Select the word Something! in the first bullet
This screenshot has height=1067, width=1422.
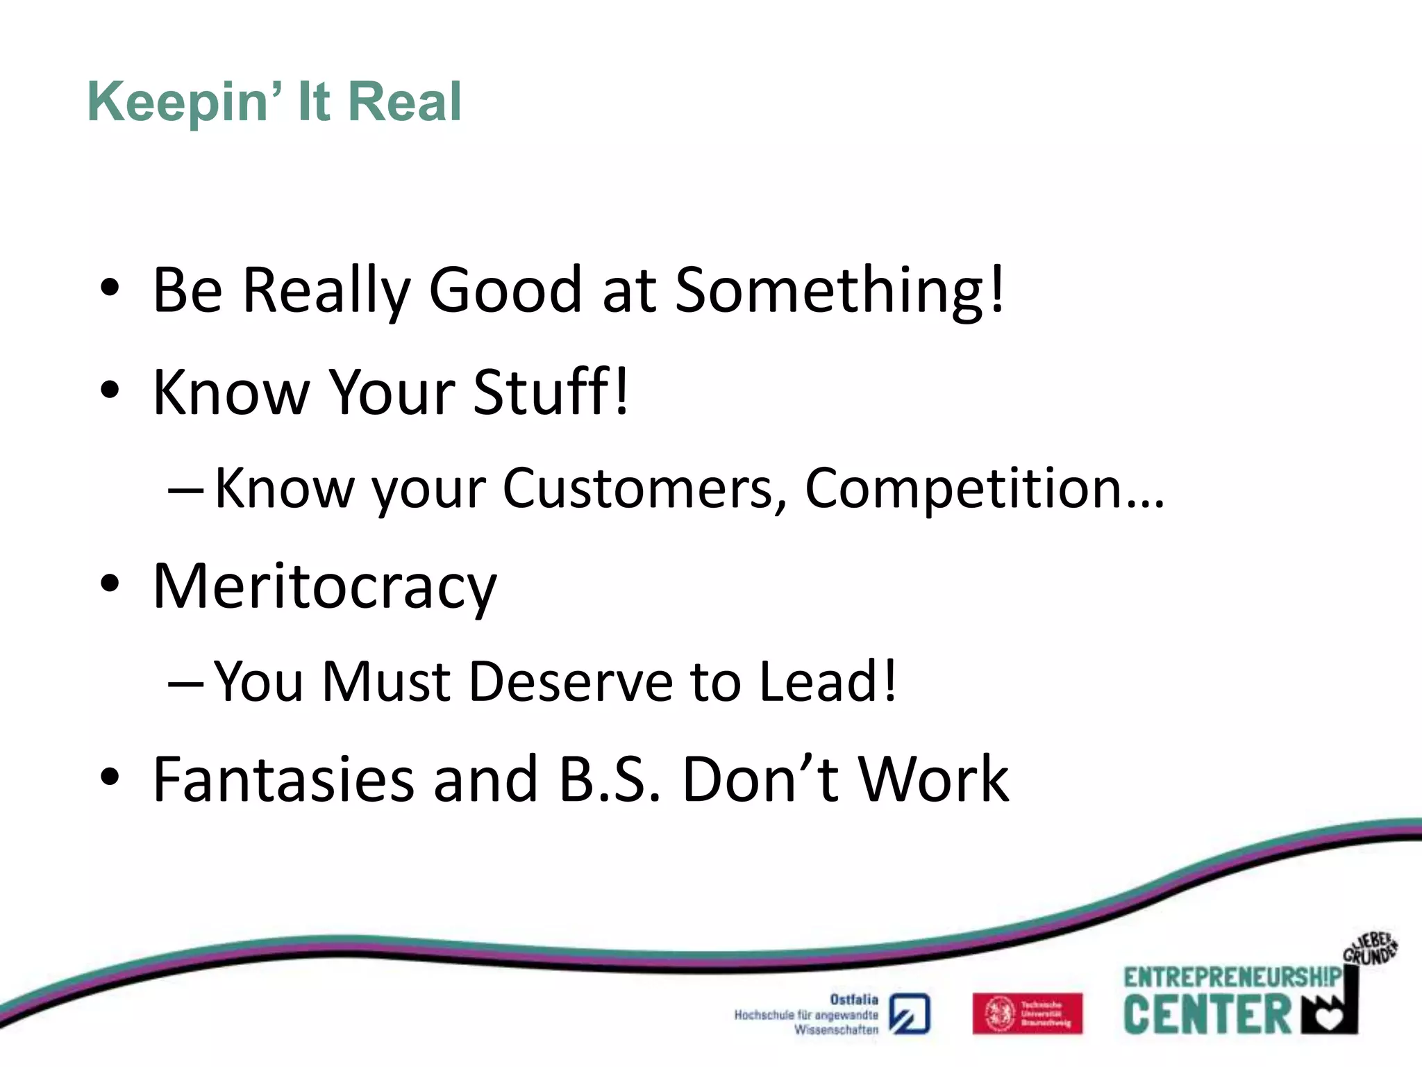839,290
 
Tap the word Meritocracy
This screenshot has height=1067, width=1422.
324,587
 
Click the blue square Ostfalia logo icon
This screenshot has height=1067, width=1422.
910,1014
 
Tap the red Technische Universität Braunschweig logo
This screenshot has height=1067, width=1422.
1027,1014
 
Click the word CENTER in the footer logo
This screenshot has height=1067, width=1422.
1207,1015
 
